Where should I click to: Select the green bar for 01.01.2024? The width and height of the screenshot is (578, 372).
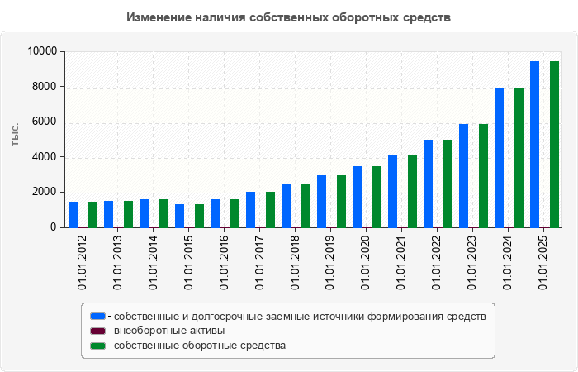point(519,157)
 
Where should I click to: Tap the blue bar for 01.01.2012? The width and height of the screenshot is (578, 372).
point(73,214)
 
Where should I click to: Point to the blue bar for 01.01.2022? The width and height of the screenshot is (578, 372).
point(428,183)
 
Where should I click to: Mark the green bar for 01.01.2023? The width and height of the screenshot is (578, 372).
point(483,175)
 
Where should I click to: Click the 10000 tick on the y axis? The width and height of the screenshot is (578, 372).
point(41,51)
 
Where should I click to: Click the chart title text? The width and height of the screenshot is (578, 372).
point(288,17)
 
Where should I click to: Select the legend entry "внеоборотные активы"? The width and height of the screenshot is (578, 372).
point(169,331)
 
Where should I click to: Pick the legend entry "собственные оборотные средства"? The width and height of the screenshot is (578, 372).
point(200,346)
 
